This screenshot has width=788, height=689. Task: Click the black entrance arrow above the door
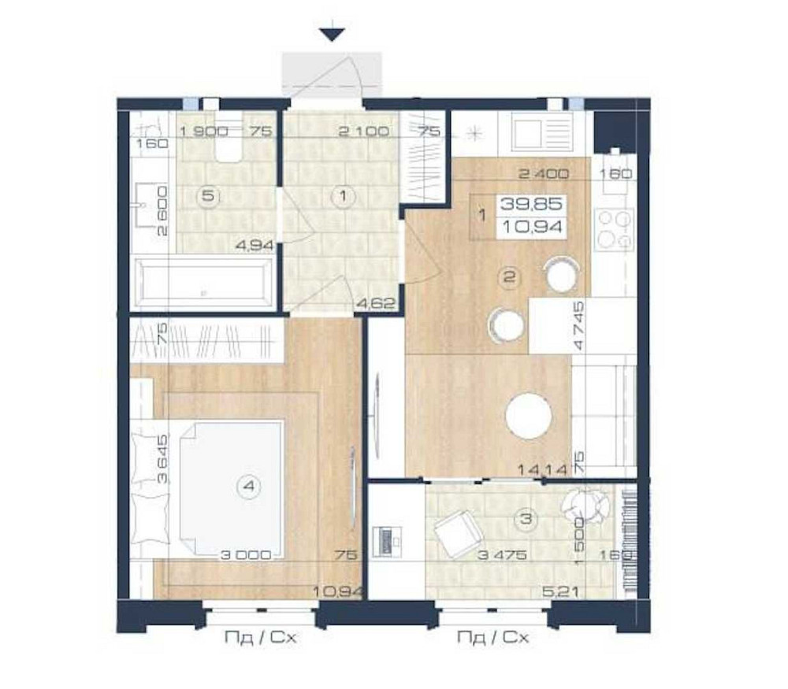[333, 34]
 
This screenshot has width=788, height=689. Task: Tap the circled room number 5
[208, 196]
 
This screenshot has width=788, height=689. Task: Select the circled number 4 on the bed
[249, 487]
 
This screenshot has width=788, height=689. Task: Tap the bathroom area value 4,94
[255, 244]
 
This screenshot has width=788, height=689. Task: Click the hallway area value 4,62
[375, 301]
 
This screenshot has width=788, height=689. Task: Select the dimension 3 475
[501, 554]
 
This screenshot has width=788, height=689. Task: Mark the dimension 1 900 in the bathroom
[203, 132]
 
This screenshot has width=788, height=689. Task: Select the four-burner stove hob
[614, 228]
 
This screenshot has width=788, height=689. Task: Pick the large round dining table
[529, 416]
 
